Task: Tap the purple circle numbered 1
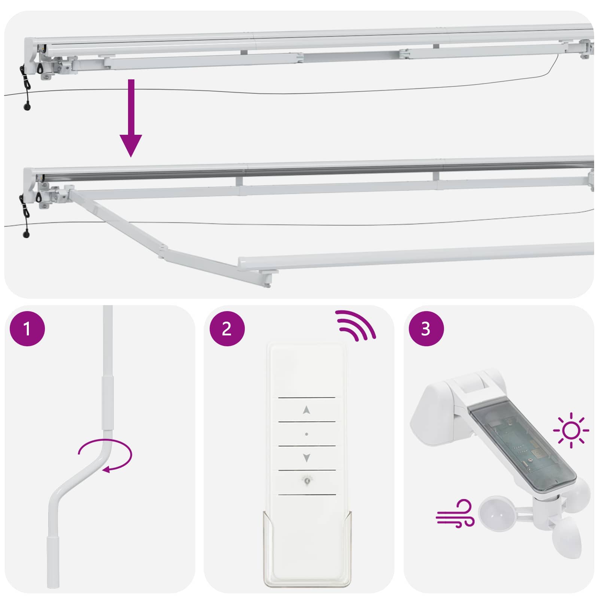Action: (x=27, y=328)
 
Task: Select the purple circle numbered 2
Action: (x=226, y=328)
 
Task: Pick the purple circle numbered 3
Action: (x=426, y=328)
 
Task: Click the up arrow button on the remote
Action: (x=307, y=410)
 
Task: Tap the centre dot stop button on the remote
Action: (x=307, y=434)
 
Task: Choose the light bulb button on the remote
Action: (x=307, y=481)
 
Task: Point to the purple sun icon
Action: (x=571, y=430)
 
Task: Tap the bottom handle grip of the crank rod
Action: (x=53, y=562)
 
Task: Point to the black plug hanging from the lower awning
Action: (x=26, y=235)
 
